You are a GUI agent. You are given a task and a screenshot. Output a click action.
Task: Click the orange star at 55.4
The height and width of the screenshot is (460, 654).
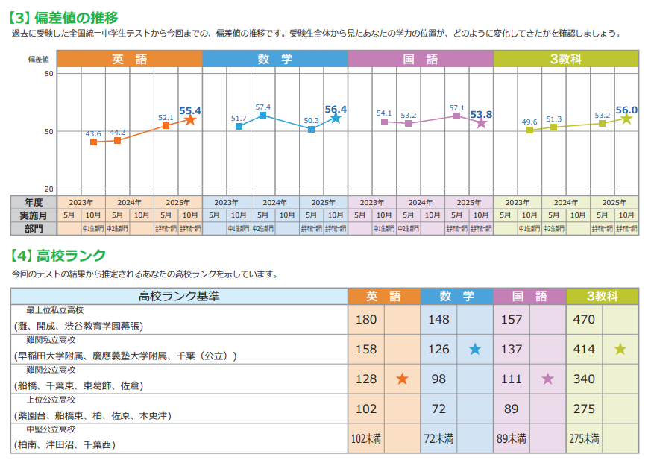pyautogui.click(x=190, y=120)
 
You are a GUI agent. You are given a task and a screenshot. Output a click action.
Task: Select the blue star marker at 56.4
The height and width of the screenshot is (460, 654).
pyautogui.click(x=336, y=118)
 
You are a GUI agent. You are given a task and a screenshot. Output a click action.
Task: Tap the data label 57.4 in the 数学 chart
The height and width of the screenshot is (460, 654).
pyautogui.click(x=262, y=107)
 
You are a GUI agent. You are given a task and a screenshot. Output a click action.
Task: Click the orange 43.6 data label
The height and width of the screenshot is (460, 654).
pyautogui.click(x=93, y=134)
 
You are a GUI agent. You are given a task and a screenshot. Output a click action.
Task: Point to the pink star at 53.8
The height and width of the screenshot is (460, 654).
pyautogui.click(x=481, y=123)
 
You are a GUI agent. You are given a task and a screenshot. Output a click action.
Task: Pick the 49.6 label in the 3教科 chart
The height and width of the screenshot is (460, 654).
pyautogui.click(x=529, y=122)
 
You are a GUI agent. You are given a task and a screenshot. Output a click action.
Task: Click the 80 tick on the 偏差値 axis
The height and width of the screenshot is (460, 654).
pyautogui.click(x=48, y=73)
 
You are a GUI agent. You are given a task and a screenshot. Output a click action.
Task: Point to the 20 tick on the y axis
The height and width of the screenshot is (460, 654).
pyautogui.click(x=48, y=189)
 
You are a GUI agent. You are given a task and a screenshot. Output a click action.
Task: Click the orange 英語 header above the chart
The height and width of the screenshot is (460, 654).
pyautogui.click(x=130, y=59)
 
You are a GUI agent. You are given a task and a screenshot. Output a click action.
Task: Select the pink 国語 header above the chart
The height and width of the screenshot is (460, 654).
pyautogui.click(x=420, y=59)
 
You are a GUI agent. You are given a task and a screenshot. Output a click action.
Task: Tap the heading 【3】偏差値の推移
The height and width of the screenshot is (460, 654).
pyautogui.click(x=63, y=17)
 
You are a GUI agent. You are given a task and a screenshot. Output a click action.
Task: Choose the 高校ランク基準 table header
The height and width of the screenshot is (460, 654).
pyautogui.click(x=179, y=296)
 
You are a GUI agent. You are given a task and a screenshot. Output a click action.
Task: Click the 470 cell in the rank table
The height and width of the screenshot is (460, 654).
pyautogui.click(x=584, y=320)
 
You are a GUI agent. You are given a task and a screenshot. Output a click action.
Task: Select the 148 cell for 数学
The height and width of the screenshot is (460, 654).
pyautogui.click(x=438, y=320)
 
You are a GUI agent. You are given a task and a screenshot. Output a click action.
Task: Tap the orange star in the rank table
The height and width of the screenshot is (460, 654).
pyautogui.click(x=403, y=379)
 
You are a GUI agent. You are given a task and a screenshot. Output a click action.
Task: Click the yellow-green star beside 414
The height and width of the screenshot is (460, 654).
pyautogui.click(x=620, y=349)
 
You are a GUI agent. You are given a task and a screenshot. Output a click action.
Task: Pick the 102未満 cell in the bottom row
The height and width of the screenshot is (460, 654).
pyautogui.click(x=365, y=438)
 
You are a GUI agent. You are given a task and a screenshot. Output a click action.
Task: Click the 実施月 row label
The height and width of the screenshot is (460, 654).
pyautogui.click(x=34, y=215)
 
